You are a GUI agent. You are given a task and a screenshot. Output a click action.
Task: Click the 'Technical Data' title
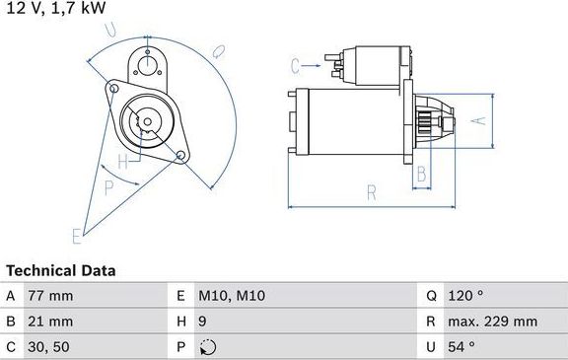60,270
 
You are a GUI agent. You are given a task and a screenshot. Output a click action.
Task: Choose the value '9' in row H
203,322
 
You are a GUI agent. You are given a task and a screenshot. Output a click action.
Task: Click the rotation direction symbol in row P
206,346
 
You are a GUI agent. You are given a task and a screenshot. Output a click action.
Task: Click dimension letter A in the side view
479,121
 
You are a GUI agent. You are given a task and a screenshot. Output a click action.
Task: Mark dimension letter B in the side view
421,174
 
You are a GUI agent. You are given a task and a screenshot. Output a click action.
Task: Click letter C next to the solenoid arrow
295,66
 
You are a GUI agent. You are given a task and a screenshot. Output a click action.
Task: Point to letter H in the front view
123,158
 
